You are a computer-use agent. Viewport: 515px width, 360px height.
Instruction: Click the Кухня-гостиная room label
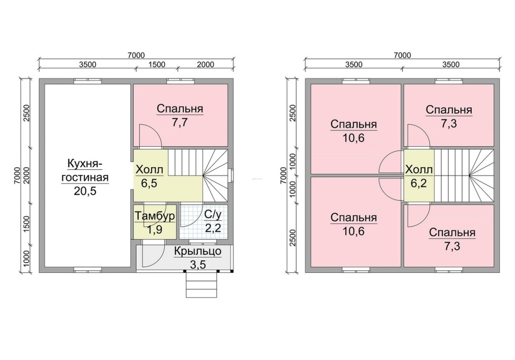85,170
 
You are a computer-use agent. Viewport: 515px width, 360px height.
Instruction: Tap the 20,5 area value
85,191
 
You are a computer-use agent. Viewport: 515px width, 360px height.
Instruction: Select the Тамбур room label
154,216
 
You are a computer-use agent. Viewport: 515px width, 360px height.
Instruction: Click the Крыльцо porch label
198,252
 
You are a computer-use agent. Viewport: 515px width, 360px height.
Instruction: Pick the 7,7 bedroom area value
180,123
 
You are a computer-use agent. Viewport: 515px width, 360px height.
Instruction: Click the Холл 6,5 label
149,176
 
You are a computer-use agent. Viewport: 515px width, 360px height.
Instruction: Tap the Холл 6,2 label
419,176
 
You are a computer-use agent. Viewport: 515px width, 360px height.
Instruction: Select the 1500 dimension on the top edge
157,64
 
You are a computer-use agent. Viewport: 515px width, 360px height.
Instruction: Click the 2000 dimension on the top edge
205,64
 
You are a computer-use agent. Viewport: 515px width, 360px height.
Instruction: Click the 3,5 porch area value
198,264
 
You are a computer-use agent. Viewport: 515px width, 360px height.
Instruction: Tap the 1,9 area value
154,230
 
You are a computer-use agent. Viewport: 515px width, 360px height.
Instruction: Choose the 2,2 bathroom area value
213,228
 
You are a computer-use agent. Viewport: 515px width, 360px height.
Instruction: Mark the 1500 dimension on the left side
27,224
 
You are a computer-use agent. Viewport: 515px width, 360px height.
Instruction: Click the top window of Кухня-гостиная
88,81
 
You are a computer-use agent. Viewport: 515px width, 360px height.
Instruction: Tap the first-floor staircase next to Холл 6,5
198,176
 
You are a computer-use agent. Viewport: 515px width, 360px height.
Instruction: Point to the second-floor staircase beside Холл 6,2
465,176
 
